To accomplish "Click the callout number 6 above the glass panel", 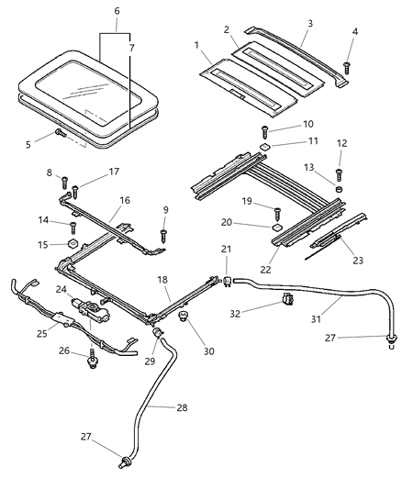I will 117,10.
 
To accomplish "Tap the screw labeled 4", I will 348,65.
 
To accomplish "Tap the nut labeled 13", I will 339,189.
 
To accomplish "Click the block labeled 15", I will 72,245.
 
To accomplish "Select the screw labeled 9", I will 164,235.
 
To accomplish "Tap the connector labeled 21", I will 227,272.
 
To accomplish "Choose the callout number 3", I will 310,22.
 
